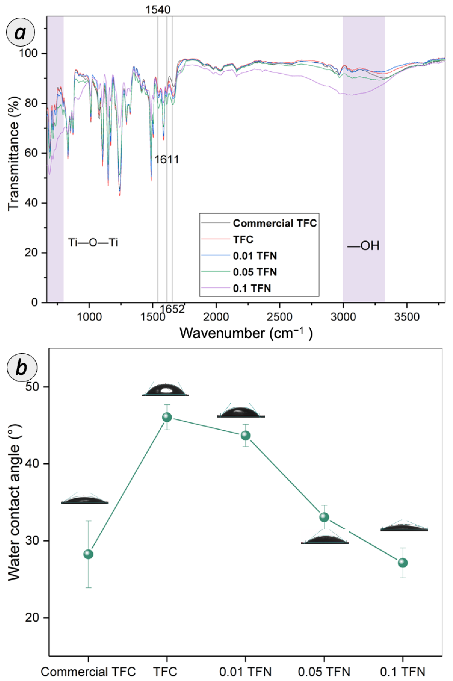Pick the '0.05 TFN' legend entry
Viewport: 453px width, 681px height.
[x=255, y=272]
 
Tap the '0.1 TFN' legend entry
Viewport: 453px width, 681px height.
[x=252, y=288]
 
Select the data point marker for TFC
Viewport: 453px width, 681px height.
[x=167, y=417]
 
